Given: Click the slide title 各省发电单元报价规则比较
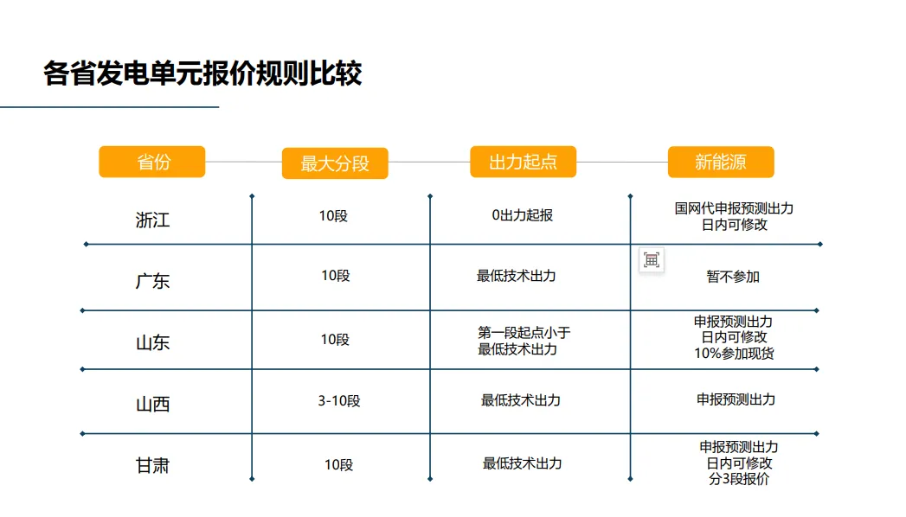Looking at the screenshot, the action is [x=202, y=73].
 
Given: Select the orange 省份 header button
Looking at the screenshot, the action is [x=152, y=162].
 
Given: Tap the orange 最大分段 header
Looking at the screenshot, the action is [x=335, y=163].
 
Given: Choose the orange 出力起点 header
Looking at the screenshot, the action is [x=523, y=162].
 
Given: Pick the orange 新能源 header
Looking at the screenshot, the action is [x=721, y=162].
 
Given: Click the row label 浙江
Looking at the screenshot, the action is [x=152, y=220].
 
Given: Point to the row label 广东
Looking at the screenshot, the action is [x=152, y=281].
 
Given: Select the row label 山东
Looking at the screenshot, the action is [x=152, y=342].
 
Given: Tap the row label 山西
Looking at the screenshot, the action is [x=152, y=404].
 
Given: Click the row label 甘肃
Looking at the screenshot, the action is [x=152, y=466].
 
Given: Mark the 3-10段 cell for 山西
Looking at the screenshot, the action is [x=338, y=401].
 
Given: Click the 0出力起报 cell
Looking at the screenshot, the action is [x=522, y=215].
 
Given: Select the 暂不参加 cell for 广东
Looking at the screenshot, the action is [x=733, y=277].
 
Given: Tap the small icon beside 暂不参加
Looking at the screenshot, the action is [x=652, y=260].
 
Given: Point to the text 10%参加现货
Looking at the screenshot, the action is [x=734, y=353].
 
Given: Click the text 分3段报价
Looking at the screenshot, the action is [x=738, y=479].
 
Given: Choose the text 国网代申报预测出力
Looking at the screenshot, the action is [x=734, y=208].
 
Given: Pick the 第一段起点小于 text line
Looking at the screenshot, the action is [x=524, y=333].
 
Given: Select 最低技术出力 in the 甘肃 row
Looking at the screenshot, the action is [x=522, y=463].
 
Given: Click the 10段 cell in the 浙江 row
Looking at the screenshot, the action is [x=333, y=215].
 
